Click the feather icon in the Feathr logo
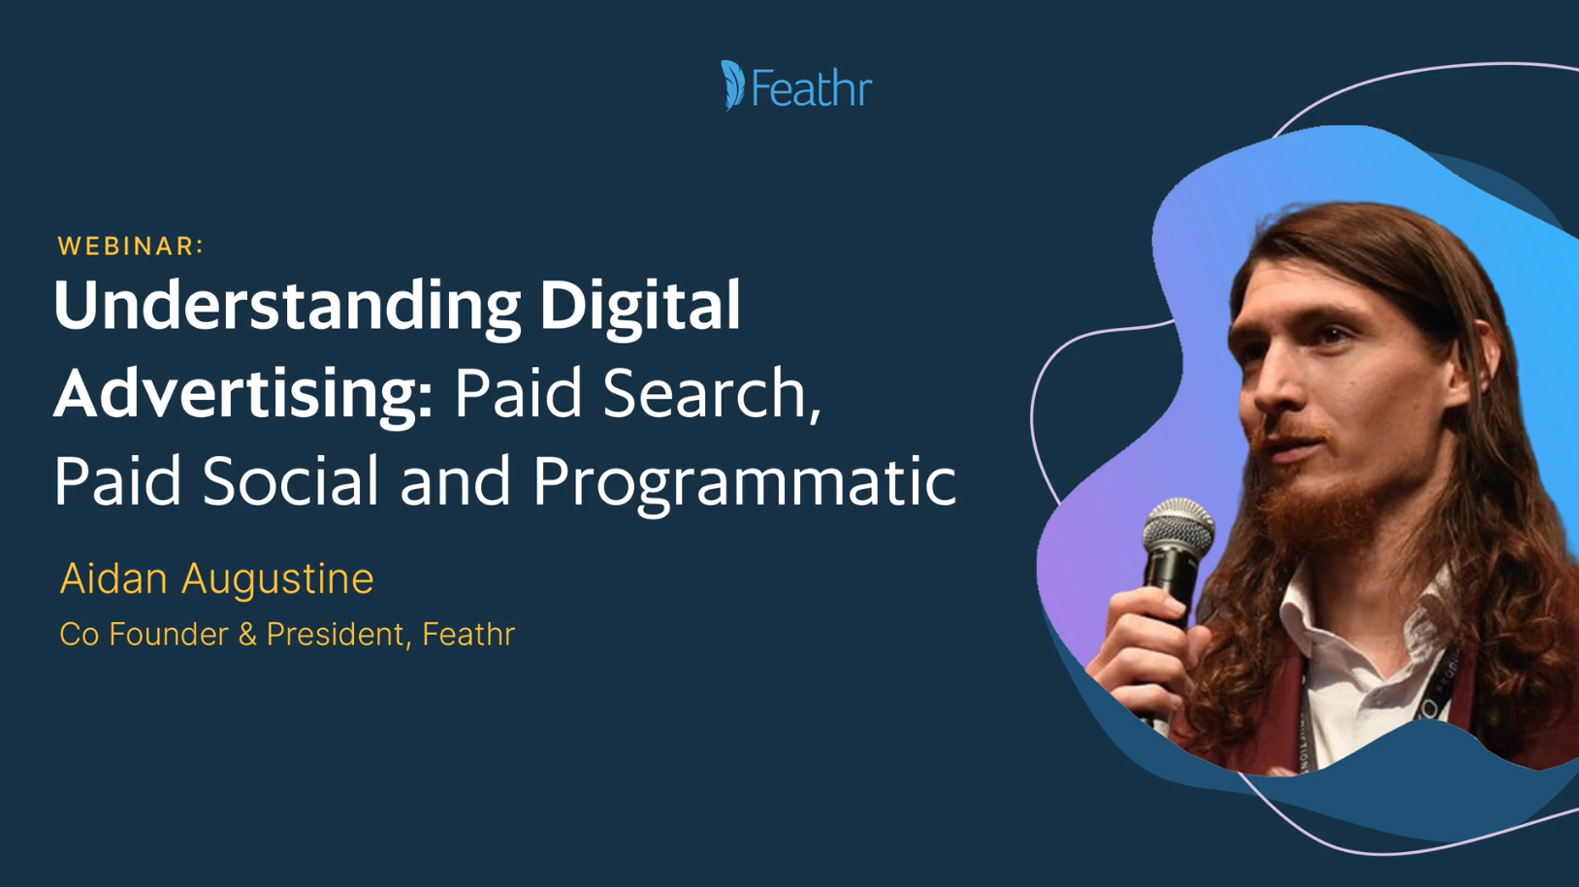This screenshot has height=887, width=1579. (732, 86)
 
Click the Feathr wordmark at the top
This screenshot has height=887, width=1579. (812, 88)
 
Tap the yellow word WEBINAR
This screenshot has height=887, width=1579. (127, 246)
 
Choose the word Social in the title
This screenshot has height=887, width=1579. (291, 480)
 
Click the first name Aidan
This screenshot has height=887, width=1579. (113, 578)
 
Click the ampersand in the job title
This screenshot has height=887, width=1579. (246, 634)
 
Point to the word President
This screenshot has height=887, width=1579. (335, 634)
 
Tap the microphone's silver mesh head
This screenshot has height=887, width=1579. (1178, 527)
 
